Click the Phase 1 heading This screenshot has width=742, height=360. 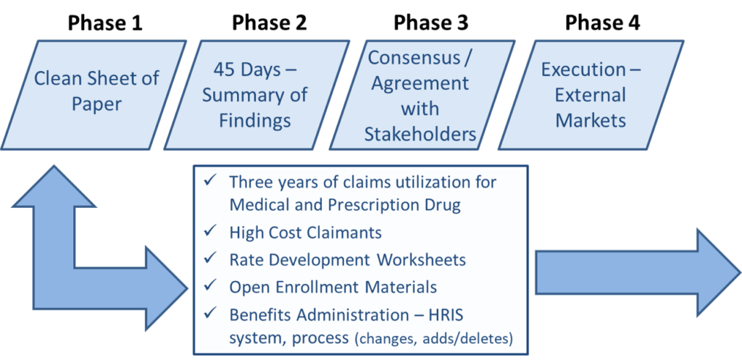click(x=104, y=22)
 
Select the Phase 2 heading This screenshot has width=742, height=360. click(x=269, y=22)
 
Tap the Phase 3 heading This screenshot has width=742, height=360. click(x=431, y=22)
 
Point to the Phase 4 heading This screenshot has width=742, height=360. click(x=602, y=22)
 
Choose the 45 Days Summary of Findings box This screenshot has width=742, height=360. click(x=257, y=95)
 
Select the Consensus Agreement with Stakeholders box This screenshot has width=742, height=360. click(x=422, y=95)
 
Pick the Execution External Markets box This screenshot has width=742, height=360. click(x=591, y=95)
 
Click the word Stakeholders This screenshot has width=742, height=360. click(x=420, y=134)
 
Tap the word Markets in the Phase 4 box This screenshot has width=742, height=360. click(x=591, y=120)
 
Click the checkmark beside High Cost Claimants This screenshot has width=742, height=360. click(x=209, y=232)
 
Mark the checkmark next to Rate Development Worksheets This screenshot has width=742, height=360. click(x=209, y=259)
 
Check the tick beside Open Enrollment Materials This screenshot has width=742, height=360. click(x=209, y=286)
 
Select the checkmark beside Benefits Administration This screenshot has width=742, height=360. click(x=209, y=313)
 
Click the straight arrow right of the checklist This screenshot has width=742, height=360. click(x=638, y=272)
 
